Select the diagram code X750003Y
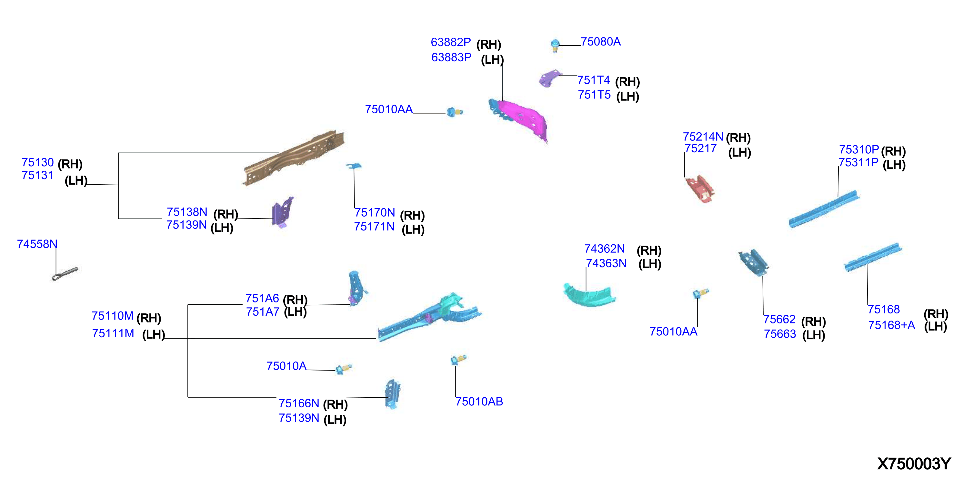point(914,464)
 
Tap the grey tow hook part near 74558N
point(65,273)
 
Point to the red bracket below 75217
point(699,189)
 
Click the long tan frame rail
point(294,157)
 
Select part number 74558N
point(37,244)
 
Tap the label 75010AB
point(479,401)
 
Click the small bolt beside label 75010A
point(343,369)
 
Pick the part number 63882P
point(451,42)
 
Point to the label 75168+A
point(891,325)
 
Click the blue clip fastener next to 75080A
point(555,46)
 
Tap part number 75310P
point(859,149)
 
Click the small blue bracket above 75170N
point(354,166)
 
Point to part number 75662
point(779,320)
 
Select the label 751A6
point(262,298)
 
